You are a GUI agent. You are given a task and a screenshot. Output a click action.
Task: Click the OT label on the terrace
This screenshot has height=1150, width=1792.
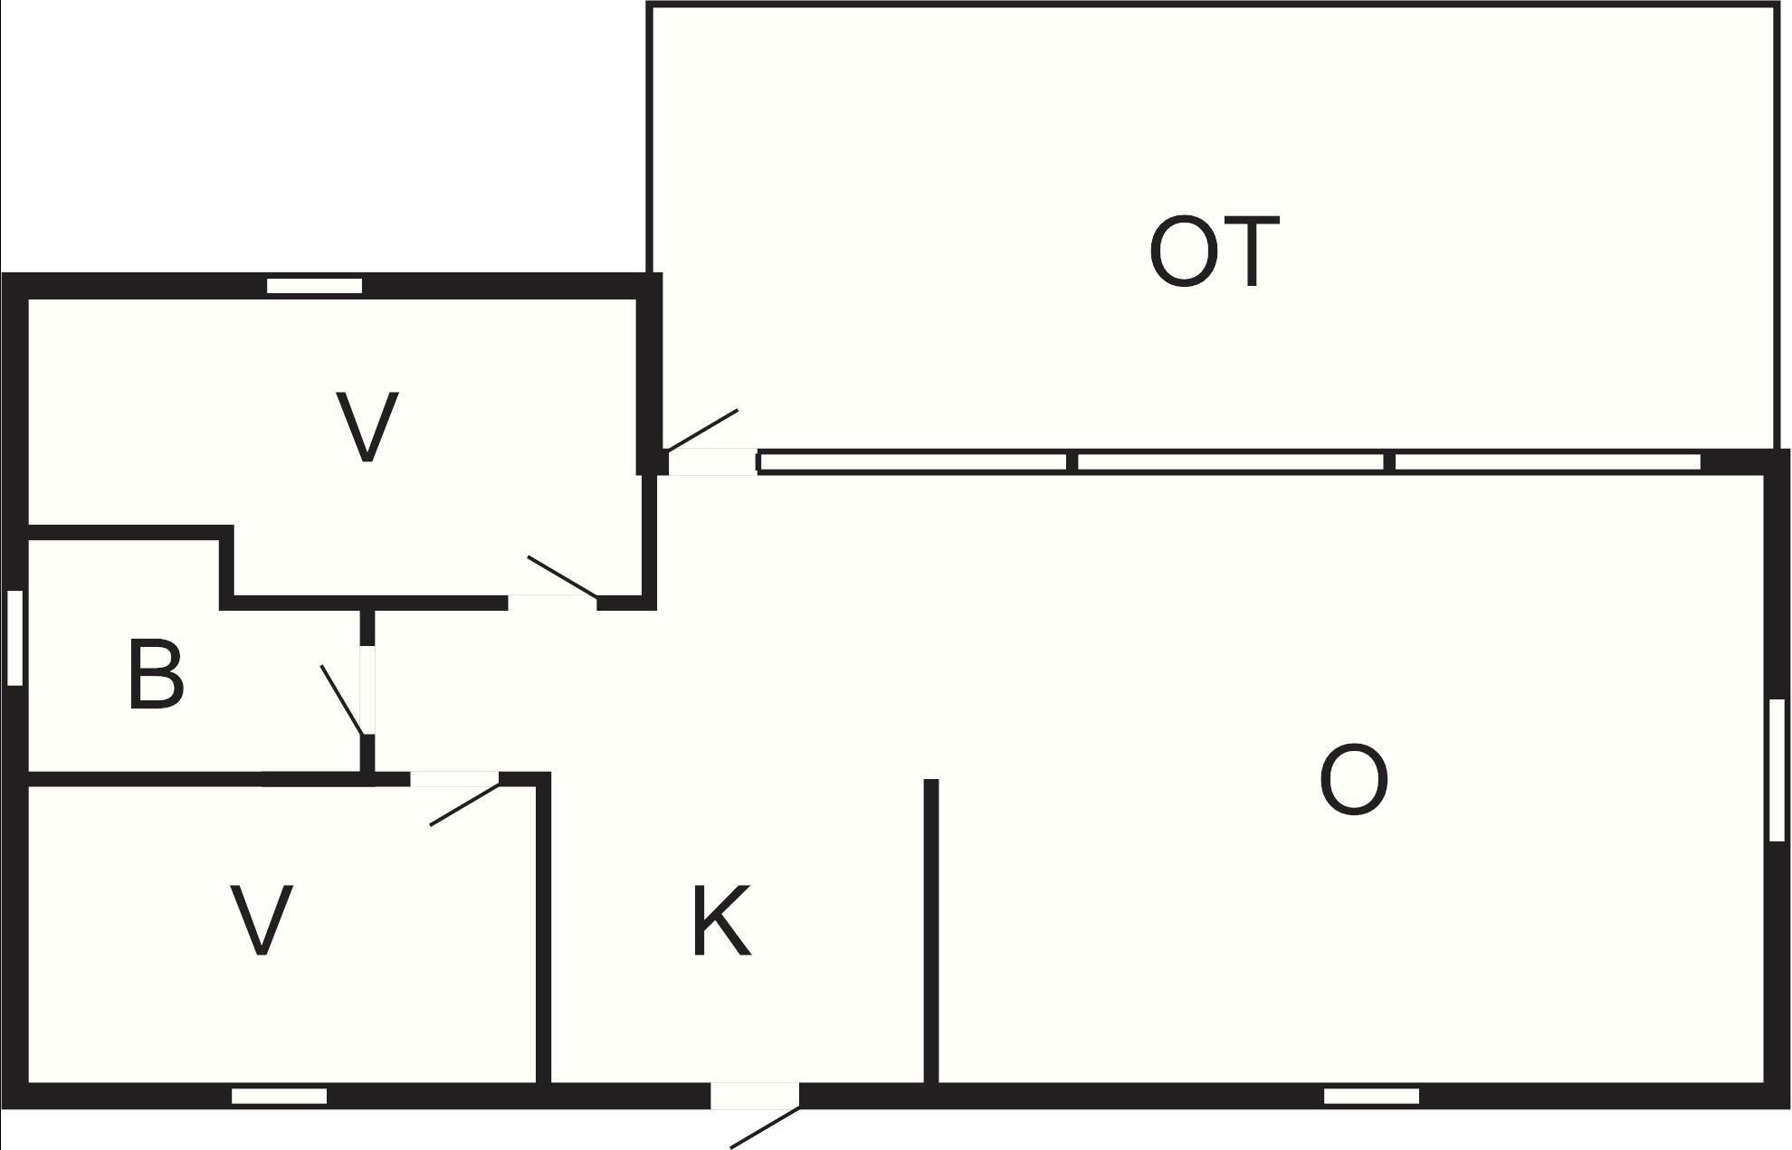click(x=1214, y=252)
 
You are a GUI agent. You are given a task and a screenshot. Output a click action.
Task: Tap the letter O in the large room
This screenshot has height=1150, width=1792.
click(x=1354, y=781)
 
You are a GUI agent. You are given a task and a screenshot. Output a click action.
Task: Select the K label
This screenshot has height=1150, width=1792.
click(x=721, y=921)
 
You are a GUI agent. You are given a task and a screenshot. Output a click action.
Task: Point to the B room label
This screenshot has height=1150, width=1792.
click(x=156, y=674)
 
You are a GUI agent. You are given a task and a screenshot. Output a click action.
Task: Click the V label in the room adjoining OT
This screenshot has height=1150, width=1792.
click(x=367, y=427)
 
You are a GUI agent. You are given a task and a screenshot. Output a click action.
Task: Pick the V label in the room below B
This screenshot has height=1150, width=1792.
click(x=262, y=919)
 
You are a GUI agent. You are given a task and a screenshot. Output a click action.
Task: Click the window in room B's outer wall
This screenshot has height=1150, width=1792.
click(x=14, y=637)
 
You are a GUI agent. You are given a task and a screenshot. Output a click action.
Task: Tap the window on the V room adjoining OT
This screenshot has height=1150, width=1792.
click(x=314, y=286)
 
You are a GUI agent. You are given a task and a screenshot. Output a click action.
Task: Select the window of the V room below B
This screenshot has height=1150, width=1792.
click(x=279, y=1096)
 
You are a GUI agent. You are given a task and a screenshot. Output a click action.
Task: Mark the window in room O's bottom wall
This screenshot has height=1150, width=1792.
click(x=1371, y=1096)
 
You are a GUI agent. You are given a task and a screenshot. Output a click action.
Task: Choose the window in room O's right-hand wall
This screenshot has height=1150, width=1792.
click(x=1777, y=770)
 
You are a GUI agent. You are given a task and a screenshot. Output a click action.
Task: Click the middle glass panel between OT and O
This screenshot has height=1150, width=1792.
click(x=1230, y=462)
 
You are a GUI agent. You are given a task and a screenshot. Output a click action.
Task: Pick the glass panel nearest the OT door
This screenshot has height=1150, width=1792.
click(x=912, y=462)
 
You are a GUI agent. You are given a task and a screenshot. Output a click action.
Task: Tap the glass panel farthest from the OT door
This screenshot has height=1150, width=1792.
click(x=1548, y=462)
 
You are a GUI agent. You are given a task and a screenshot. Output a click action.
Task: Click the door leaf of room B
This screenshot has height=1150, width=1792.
click(x=342, y=700)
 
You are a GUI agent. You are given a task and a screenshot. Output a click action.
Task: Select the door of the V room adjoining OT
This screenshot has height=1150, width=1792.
click(x=562, y=577)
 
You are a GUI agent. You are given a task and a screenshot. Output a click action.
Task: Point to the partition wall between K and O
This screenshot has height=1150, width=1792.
click(x=931, y=930)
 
